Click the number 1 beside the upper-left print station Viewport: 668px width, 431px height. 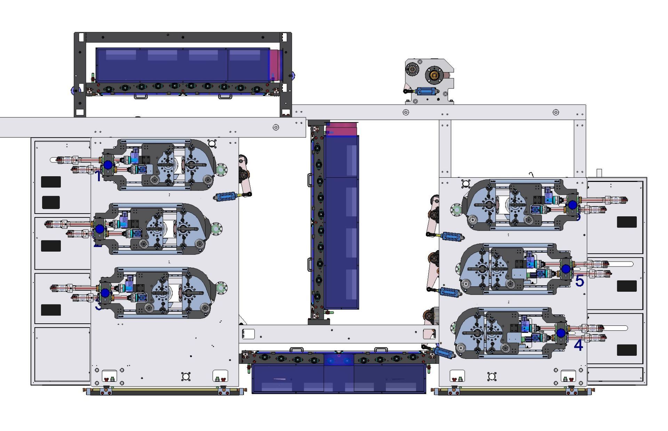point(98,177)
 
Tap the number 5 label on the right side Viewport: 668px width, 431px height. point(579,281)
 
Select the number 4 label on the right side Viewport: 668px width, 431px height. point(578,345)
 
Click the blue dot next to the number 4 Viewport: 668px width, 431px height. point(560,333)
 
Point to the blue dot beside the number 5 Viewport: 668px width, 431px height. point(566,269)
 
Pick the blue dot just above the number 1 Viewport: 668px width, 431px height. point(108,165)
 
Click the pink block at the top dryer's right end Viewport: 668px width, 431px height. point(276,65)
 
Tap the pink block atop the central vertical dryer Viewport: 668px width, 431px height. point(341,128)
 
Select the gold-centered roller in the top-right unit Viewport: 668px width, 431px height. point(434,75)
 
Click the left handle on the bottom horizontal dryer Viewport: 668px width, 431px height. point(296,349)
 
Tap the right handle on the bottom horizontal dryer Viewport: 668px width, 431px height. point(381,349)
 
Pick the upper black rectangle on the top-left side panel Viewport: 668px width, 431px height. point(51,182)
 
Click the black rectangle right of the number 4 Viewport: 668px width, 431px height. point(627,350)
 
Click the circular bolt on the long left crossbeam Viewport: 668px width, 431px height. point(276,128)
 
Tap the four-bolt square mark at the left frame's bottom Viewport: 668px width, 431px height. point(186,376)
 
